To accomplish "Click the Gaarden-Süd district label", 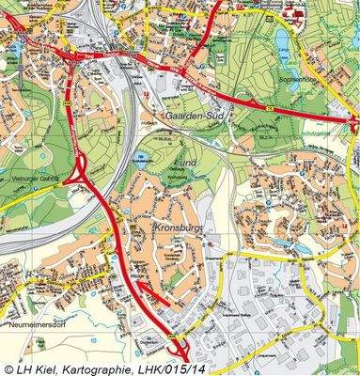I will pos(195,116).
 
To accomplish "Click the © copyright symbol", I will pos(8,368).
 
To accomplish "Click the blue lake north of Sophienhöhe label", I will pos(283,39).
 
